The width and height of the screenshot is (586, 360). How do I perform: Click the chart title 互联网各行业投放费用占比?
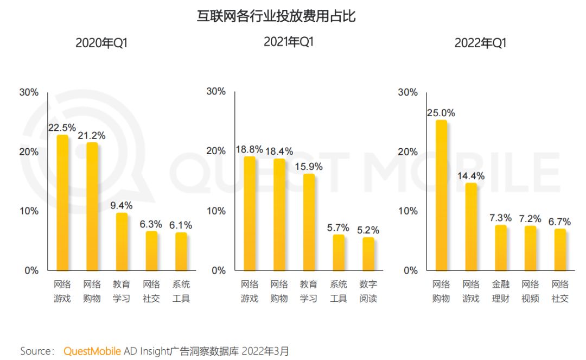pos(276,16)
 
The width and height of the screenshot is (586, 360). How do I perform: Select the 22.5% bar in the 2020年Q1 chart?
pos(63,202)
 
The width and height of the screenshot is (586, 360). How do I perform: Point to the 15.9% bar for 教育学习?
pos(309,222)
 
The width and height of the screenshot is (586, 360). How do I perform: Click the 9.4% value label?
pos(121,206)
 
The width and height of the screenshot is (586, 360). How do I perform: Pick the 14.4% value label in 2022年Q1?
pos(471,176)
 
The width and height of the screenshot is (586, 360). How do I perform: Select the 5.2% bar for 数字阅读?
pos(368,254)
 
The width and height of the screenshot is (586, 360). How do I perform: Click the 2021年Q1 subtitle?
pos(289,42)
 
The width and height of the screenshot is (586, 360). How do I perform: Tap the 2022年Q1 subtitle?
pos(480,43)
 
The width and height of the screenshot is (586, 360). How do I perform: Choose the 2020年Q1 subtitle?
pos(101,43)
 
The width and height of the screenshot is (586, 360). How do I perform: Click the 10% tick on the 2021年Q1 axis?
pos(217,211)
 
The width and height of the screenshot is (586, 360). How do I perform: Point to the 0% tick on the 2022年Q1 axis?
pos(411,270)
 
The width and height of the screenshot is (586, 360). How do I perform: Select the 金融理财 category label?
pos(501,291)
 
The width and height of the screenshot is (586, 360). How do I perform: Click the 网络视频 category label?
pos(530,291)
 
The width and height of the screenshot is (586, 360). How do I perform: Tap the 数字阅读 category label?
pos(368,291)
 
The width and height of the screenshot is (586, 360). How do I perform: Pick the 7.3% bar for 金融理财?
pos(501,248)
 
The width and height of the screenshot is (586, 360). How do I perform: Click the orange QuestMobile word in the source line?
pos(92,351)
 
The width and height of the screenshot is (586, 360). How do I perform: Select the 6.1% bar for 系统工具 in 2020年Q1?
pos(181,251)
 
